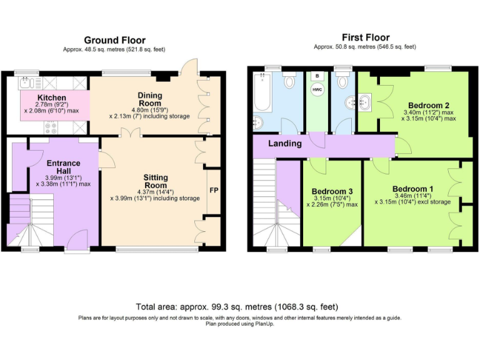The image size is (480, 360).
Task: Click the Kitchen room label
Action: coord(52,98)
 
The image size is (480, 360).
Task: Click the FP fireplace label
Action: coord(214,191)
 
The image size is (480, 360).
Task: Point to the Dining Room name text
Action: coord(149,99)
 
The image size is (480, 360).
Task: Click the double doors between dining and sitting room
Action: coord(130,132)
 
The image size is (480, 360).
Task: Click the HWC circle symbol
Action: coord(317,89)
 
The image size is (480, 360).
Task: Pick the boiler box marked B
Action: coord(317,76)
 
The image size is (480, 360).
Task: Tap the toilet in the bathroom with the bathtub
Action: coord(289,81)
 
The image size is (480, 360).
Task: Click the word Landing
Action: coord(284,144)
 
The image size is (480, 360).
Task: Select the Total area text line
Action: coord(237,306)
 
